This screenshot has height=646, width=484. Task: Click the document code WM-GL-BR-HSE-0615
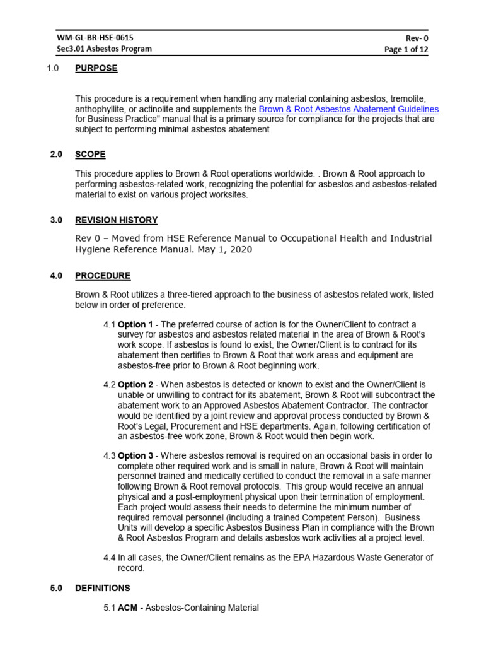pyautogui.click(x=95, y=38)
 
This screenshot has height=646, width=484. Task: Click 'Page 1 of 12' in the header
pyautogui.click(x=406, y=49)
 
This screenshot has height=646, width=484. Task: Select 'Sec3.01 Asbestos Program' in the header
pyautogui.click(x=104, y=49)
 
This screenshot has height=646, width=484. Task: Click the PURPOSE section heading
pyautogui.click(x=96, y=68)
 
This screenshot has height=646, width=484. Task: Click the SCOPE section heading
pyautogui.click(x=90, y=154)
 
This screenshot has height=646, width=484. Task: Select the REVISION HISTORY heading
pyautogui.click(x=116, y=220)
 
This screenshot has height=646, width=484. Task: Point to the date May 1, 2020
pyautogui.click(x=224, y=249)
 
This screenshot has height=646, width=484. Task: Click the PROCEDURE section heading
pyautogui.click(x=103, y=275)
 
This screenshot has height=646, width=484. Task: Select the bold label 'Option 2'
pyautogui.click(x=135, y=384)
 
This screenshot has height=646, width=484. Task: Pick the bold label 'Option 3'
pyautogui.click(x=135, y=455)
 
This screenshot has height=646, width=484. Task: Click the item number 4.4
pyautogui.click(x=110, y=557)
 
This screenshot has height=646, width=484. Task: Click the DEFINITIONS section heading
pyautogui.click(x=103, y=588)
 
